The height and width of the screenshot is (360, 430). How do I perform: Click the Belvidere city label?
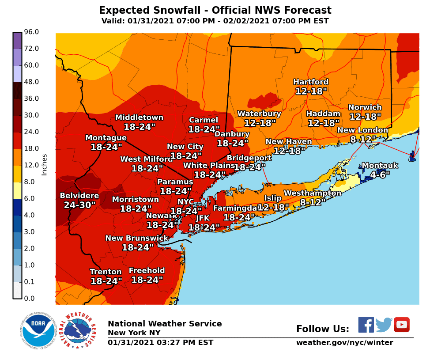click(79, 196)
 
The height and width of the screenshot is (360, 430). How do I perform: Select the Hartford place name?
click(311, 82)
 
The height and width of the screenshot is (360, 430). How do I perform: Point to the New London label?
click(362, 130)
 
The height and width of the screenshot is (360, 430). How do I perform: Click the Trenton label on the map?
click(106, 272)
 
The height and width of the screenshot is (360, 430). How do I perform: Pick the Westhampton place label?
click(313, 193)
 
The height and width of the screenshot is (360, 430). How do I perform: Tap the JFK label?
click(203, 218)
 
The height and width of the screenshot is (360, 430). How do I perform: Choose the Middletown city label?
click(139, 117)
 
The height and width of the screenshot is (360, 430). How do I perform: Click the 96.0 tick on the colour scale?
click(31, 32)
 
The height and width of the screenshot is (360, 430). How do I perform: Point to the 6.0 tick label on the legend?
click(31, 198)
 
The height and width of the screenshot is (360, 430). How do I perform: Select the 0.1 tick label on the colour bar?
click(31, 282)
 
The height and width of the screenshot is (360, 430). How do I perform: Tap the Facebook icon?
click(366, 325)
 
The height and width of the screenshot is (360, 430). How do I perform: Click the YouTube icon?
click(401, 325)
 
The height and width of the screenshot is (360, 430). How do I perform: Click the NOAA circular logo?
click(38, 330)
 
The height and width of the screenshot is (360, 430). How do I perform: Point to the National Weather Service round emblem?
click(77, 330)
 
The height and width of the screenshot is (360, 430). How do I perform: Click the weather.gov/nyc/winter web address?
click(344, 343)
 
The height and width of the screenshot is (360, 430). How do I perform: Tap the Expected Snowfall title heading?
click(215, 11)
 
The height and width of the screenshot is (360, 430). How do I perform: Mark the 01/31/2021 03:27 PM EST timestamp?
click(160, 343)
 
